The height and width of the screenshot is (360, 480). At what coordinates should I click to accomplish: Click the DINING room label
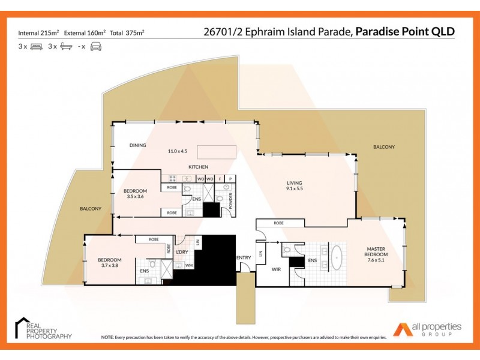click(139, 145)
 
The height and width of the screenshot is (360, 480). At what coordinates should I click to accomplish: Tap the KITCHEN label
click(198, 166)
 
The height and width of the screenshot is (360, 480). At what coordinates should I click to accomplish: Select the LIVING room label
click(294, 183)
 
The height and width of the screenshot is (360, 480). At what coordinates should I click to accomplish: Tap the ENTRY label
click(244, 258)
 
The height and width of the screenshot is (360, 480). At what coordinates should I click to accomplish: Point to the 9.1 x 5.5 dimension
click(294, 190)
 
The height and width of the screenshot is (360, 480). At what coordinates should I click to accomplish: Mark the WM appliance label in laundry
click(189, 266)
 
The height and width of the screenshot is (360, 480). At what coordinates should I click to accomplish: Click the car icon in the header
click(96, 46)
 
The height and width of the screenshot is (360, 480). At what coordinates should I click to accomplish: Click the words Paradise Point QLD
click(404, 32)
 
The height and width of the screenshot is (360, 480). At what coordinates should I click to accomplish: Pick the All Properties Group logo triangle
click(401, 329)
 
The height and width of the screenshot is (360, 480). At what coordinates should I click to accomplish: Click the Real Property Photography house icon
click(23, 325)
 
